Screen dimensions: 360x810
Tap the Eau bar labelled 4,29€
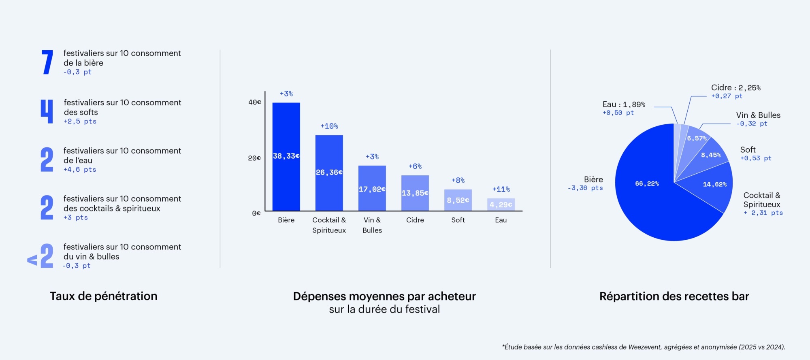pos(501,204)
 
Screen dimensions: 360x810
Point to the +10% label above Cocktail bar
pos(329,126)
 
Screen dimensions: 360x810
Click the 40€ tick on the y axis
pos(255,102)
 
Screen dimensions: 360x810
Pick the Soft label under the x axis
pos(458,220)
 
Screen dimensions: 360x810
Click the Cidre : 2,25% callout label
pos(735,88)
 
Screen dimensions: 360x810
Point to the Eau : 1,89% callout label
pos(624,104)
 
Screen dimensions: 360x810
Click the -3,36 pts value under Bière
pos(585,188)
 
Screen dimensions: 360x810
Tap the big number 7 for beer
pos(47,62)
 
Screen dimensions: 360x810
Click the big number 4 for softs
pos(47,111)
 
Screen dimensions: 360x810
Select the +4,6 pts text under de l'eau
pos(80,170)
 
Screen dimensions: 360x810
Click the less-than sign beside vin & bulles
pos(32,260)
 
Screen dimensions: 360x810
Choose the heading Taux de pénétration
pos(103,296)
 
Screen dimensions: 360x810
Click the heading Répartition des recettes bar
pos(674,296)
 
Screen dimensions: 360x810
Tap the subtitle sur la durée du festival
pos(384,309)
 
